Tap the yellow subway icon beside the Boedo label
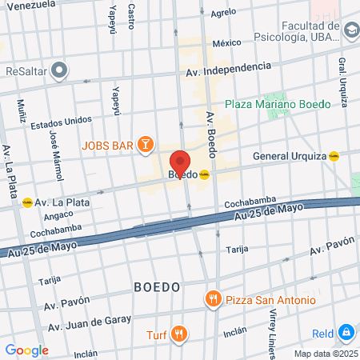[205, 175]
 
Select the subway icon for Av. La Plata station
[28, 202]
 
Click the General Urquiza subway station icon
[334, 156]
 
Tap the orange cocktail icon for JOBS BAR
[145, 144]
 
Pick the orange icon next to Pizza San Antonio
[212, 300]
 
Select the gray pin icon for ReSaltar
[59, 70]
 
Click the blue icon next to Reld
[346, 331]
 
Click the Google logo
[26, 350]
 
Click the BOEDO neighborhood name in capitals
[157, 286]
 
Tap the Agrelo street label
[223, 14]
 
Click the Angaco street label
[58, 214]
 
